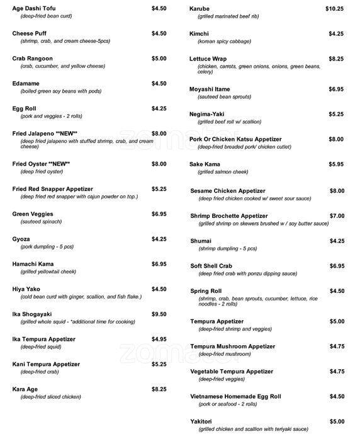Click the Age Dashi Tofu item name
(x=35, y=8)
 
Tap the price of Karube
(x=334, y=8)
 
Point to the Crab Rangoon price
(x=159, y=59)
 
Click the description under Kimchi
(x=225, y=42)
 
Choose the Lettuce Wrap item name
(x=208, y=59)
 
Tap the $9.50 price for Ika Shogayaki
(x=159, y=314)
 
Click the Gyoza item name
(x=21, y=239)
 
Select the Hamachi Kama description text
(x=50, y=272)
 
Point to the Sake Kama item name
(x=205, y=164)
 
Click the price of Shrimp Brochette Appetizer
(x=337, y=215)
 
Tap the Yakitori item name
(x=201, y=421)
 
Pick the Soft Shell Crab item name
(x=213, y=266)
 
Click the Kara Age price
(x=159, y=389)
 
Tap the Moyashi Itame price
(x=336, y=89)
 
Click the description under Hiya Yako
(x=81, y=297)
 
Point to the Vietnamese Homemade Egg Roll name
(x=236, y=396)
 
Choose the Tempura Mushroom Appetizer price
(x=337, y=346)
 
